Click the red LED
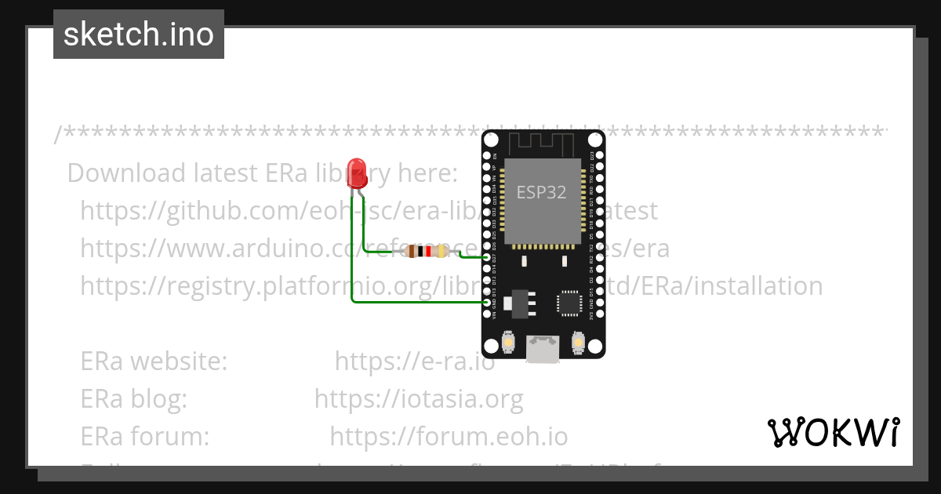358,173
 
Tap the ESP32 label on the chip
541,192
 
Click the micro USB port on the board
543,349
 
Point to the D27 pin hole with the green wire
488,257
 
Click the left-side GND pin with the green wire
488,303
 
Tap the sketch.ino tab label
139,35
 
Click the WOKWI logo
833,433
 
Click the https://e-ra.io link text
415,362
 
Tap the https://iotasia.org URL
419,399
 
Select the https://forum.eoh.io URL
449,436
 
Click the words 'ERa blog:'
134,399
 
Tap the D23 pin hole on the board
599,156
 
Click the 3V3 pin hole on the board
599,314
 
